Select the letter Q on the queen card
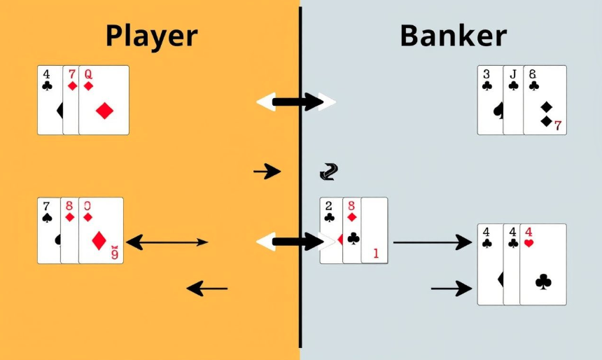coord(88,74)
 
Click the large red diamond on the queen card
coord(105,110)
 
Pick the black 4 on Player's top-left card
coord(46,73)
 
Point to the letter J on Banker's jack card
coord(512,73)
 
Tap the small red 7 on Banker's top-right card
coord(558,126)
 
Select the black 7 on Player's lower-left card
coord(46,206)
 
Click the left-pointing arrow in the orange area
coord(207,288)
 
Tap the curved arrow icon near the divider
coord(328,170)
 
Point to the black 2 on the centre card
coord(329,205)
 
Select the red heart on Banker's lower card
coord(529,243)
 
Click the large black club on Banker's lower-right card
coord(543,282)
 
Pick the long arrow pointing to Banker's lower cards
coord(432,242)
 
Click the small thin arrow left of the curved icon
coord(267,171)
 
